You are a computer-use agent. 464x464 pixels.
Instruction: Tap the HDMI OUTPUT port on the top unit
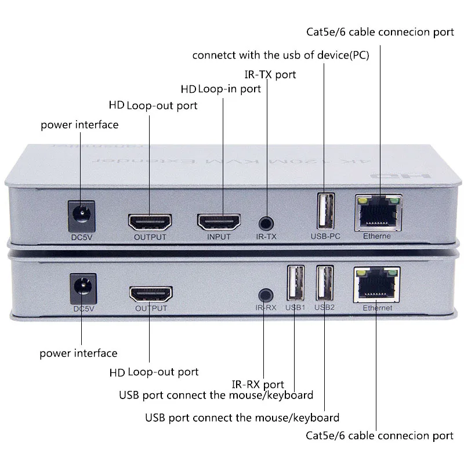(150, 222)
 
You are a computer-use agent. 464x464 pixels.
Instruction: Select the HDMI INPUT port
(219, 222)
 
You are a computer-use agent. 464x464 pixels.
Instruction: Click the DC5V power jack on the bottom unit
(82, 289)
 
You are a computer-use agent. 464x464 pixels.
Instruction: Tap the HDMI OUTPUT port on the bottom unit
(151, 294)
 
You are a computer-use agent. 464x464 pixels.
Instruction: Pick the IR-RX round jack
(266, 295)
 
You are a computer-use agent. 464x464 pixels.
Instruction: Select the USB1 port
(295, 282)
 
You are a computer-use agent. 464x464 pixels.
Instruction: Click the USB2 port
(325, 282)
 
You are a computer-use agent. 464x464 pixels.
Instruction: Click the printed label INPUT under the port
(219, 237)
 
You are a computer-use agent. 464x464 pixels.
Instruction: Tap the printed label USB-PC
(324, 236)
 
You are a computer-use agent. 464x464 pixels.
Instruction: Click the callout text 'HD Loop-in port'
(220, 89)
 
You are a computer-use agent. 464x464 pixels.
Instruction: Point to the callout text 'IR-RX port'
(258, 384)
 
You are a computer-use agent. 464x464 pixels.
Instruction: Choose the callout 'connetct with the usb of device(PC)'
(281, 56)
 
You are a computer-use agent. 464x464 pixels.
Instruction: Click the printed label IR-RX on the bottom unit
(266, 308)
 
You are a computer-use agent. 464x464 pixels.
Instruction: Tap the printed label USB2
(325, 307)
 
